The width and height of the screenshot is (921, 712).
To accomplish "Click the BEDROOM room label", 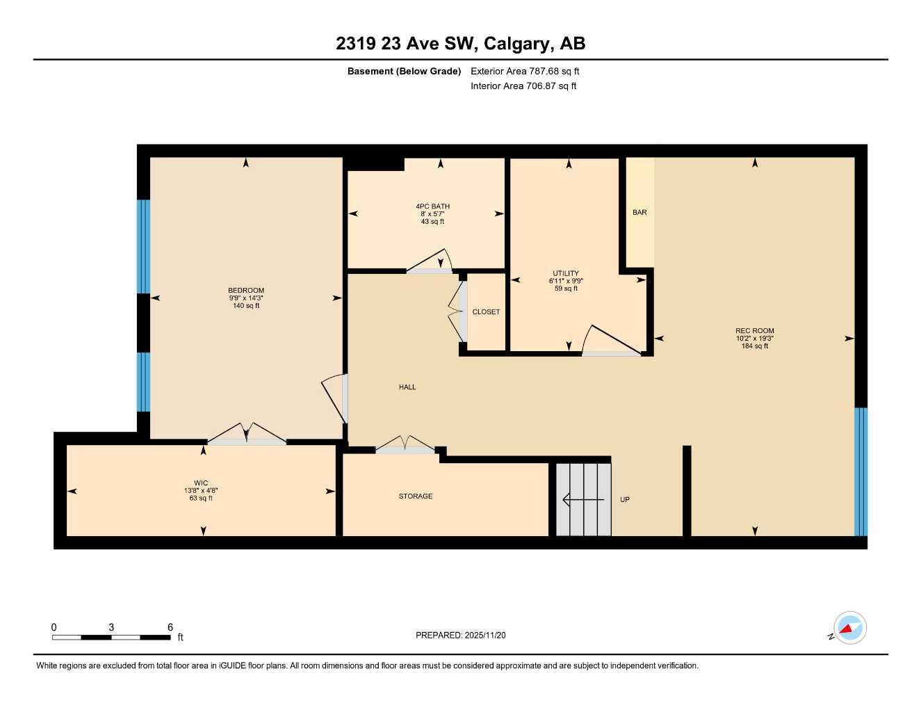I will tap(246, 291).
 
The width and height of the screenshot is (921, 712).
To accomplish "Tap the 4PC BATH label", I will tap(432, 207).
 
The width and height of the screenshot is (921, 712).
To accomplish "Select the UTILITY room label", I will tap(566, 273).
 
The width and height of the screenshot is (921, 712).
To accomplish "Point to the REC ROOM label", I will tap(754, 331).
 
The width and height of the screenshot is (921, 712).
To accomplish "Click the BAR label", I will tap(639, 212).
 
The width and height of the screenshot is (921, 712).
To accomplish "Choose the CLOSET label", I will tap(486, 312).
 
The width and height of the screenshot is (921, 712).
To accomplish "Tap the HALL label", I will tap(407, 387).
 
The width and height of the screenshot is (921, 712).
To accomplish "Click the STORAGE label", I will tap(416, 496).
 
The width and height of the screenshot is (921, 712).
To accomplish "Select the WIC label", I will tap(201, 483).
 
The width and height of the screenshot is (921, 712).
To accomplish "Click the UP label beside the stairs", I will tap(625, 500).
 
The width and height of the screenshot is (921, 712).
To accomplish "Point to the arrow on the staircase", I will tap(582, 499).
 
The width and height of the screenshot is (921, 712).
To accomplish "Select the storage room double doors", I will tap(406, 445).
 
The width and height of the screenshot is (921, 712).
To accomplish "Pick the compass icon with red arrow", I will tap(849, 629).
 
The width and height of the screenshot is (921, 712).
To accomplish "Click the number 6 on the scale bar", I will tap(170, 627).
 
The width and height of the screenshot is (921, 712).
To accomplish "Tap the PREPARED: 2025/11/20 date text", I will tap(461, 636).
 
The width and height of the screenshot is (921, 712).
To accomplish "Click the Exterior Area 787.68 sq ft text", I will tap(525, 71).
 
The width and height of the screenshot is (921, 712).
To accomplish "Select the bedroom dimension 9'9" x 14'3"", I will tap(246, 298).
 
